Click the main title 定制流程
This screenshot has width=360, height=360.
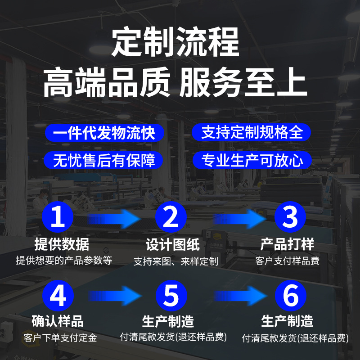pos(175,41)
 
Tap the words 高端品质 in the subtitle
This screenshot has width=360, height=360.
pos(107,82)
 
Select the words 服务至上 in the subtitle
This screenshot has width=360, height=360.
pos(243,82)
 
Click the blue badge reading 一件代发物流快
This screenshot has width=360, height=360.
pos(104,133)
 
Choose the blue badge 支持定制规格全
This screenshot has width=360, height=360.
pos(251,132)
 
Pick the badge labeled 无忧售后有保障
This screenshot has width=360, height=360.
pos(103,160)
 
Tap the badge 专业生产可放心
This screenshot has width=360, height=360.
pos(252,160)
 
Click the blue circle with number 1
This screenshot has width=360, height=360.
pos(58,217)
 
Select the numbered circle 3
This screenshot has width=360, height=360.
pos(290,217)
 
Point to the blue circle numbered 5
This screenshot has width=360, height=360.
pos(171,296)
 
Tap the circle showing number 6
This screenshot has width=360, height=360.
pos(291,296)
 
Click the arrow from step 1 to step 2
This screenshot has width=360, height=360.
pos(114,219)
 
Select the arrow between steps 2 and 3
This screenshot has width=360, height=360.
pos(240,219)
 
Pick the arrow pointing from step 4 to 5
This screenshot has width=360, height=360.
pos(115,296)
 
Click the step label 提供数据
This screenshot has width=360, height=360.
pos(62,244)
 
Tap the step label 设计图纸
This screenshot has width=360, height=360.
pos(173,245)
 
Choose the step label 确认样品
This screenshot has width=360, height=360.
pos(58,321)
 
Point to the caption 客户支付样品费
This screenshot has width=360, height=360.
pos(288,261)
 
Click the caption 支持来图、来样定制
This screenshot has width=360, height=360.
pos(176,261)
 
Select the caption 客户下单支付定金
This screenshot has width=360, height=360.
pos(60,338)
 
